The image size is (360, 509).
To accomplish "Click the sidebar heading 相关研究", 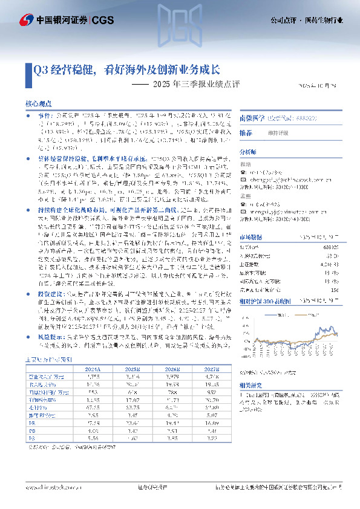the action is pos(250,384).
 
